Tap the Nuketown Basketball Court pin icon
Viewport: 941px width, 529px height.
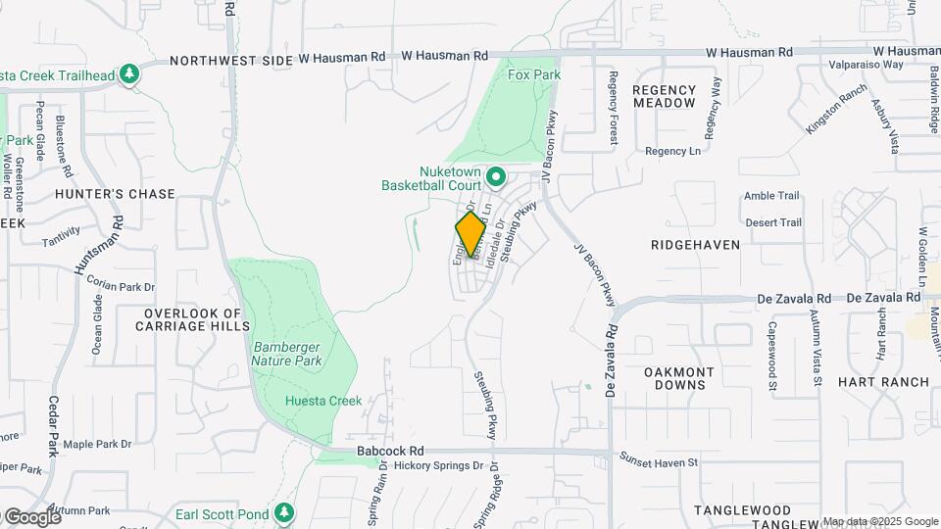pyautogui.click(x=496, y=177)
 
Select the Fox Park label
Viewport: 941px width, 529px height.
pyautogui.click(x=534, y=74)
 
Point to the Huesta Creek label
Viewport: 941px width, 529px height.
pyautogui.click(x=323, y=401)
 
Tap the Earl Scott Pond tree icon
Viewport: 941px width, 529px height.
pyautogui.click(x=284, y=512)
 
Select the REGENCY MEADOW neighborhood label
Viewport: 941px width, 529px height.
pyautogui.click(x=664, y=96)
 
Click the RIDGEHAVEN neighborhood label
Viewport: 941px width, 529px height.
pyautogui.click(x=695, y=245)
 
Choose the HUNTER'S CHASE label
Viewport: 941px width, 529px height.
pyautogui.click(x=115, y=194)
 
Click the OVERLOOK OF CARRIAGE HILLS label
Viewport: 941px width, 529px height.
pyautogui.click(x=192, y=319)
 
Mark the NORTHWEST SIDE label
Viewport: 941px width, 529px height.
pyautogui.click(x=232, y=61)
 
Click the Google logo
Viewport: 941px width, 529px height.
pyautogui.click(x=31, y=517)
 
